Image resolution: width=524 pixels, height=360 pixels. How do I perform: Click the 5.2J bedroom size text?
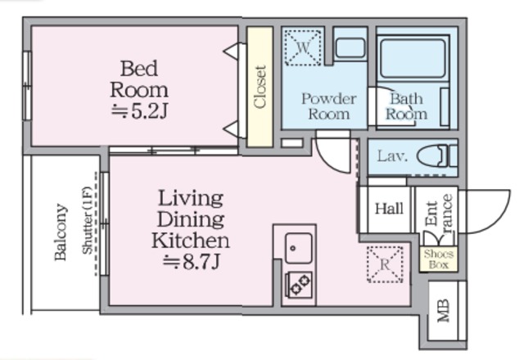pyautogui.click(x=139, y=111)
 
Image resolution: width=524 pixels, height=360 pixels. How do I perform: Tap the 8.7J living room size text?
pyautogui.click(x=192, y=262)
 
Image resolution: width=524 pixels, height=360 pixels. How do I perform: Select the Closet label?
pyautogui.click(x=260, y=87)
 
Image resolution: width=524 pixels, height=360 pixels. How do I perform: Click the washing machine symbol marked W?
pyautogui.click(x=303, y=47)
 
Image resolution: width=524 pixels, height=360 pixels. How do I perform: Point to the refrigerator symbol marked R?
pyautogui.click(x=385, y=264)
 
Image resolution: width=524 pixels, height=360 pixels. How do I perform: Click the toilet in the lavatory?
pyautogui.click(x=437, y=155)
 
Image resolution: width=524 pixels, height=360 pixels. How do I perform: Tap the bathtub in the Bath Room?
pyautogui.click(x=413, y=58)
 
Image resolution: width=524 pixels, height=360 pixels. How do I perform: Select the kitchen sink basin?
pyautogui.click(x=298, y=248)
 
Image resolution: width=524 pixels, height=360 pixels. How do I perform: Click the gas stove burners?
pyautogui.click(x=298, y=285)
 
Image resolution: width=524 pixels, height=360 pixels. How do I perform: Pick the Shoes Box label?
pyautogui.click(x=439, y=259)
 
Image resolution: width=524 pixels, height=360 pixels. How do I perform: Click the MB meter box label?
pyautogui.click(x=444, y=311)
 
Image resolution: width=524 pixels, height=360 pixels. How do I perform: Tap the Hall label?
pyautogui.click(x=389, y=209)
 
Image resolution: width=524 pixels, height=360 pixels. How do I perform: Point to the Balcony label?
pyautogui.click(x=61, y=232)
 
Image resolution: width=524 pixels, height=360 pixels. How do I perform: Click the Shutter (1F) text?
pyautogui.click(x=87, y=220)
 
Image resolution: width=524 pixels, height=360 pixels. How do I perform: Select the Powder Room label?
pyautogui.click(x=329, y=106)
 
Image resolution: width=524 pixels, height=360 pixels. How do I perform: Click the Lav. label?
pyautogui.click(x=393, y=156)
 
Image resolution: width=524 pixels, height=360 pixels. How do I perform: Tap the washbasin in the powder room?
pyautogui.click(x=350, y=48)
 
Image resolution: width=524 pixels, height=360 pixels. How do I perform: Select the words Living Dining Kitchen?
pyautogui.click(x=191, y=219)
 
